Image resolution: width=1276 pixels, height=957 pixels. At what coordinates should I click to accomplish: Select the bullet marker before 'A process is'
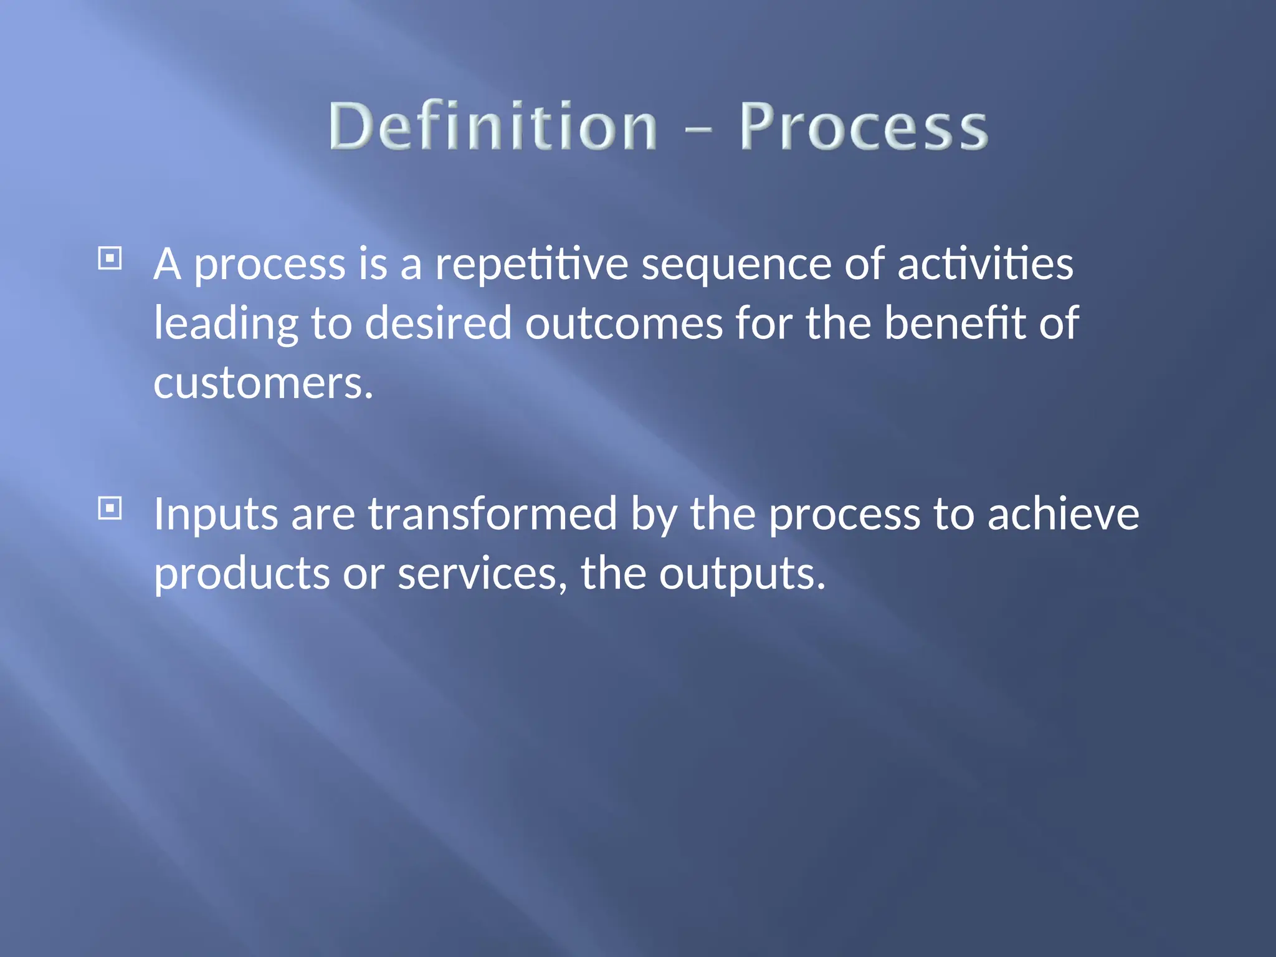(x=110, y=258)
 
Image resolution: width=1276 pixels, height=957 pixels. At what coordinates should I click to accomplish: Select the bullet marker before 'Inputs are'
(x=110, y=508)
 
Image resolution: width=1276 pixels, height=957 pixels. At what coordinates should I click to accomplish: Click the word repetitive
(x=531, y=265)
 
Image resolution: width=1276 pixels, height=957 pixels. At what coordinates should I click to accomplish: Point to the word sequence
(x=736, y=265)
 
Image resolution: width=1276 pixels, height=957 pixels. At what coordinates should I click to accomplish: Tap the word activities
(x=985, y=264)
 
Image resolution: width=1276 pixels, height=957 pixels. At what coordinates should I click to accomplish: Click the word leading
(x=226, y=324)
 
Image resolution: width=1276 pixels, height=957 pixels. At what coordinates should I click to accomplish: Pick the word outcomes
(x=624, y=324)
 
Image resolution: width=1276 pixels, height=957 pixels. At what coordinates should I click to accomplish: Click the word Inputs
(x=216, y=515)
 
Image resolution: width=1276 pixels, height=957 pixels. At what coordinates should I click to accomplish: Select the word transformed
(x=492, y=514)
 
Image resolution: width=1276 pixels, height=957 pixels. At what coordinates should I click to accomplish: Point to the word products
(x=242, y=574)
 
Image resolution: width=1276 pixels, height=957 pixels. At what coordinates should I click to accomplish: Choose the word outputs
(x=741, y=574)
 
